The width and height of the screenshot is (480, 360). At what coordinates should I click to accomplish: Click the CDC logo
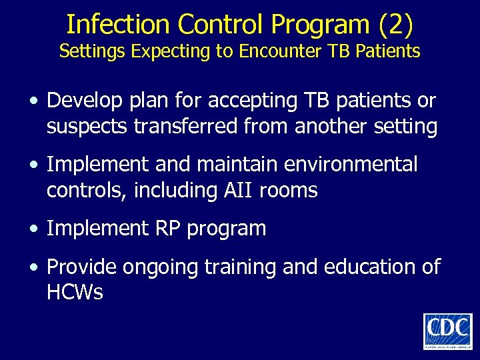tap(447, 331)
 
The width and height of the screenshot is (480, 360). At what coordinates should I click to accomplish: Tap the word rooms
tap(289, 191)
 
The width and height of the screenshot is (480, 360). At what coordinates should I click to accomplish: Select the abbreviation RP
tap(169, 229)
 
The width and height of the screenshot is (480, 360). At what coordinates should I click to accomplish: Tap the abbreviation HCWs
tap(75, 292)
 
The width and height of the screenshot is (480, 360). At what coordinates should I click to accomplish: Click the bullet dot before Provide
tap(33, 268)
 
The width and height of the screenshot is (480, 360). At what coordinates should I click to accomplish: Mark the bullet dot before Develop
tap(33, 101)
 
